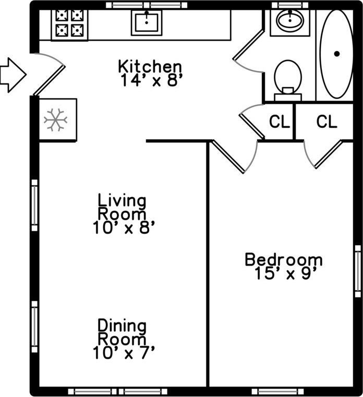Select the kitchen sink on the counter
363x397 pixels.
pos(146,22)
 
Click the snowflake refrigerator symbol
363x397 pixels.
pos(55,120)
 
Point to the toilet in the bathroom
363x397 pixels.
pos(288,78)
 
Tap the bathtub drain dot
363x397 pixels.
pos(337,53)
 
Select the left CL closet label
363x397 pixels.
pos(279,122)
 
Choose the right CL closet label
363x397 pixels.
pos(326,122)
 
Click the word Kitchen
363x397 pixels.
pos(150,67)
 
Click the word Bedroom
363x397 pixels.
pos(283,259)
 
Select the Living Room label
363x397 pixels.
pos(123,207)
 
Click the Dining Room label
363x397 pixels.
pos(123,332)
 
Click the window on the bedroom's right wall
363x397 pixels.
pos(358,271)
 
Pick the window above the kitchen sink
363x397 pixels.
pos(147,5)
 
